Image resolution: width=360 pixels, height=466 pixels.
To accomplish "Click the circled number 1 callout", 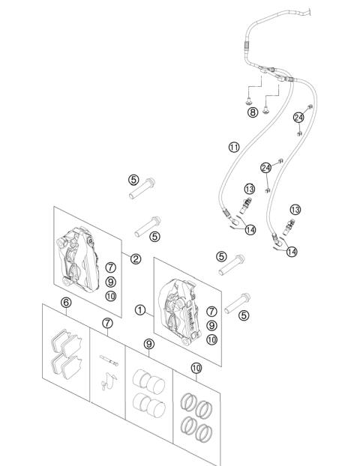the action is [x=139, y=310].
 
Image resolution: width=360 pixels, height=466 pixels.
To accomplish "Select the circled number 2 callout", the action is [x=136, y=259].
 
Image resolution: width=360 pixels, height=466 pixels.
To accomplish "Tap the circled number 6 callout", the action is [x=66, y=303].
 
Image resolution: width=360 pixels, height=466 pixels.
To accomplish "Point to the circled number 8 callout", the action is [x=253, y=112].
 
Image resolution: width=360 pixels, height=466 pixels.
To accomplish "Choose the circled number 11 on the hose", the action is [x=234, y=147].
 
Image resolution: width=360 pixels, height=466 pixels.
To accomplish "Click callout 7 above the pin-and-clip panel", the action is [x=107, y=323].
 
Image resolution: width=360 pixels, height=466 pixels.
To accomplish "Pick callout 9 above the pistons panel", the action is [x=149, y=344].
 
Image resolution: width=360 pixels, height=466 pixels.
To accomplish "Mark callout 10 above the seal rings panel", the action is [x=196, y=368].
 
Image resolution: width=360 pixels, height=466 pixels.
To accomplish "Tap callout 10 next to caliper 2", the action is [x=111, y=296].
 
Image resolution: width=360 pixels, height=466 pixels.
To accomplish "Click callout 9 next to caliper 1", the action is [x=211, y=325].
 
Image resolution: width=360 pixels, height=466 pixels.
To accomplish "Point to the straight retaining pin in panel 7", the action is [x=109, y=360].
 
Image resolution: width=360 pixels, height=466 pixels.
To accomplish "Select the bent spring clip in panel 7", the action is [x=109, y=381].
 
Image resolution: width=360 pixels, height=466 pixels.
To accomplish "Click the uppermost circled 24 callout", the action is [x=298, y=118].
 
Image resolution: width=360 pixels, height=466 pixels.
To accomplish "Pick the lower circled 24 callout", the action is [x=266, y=168].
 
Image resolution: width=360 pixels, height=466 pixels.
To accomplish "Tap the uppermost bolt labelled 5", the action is [x=142, y=188].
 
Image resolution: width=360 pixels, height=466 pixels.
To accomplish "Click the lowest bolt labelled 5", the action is [x=237, y=303].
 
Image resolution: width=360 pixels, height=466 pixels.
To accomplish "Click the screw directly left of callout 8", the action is [x=248, y=102].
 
